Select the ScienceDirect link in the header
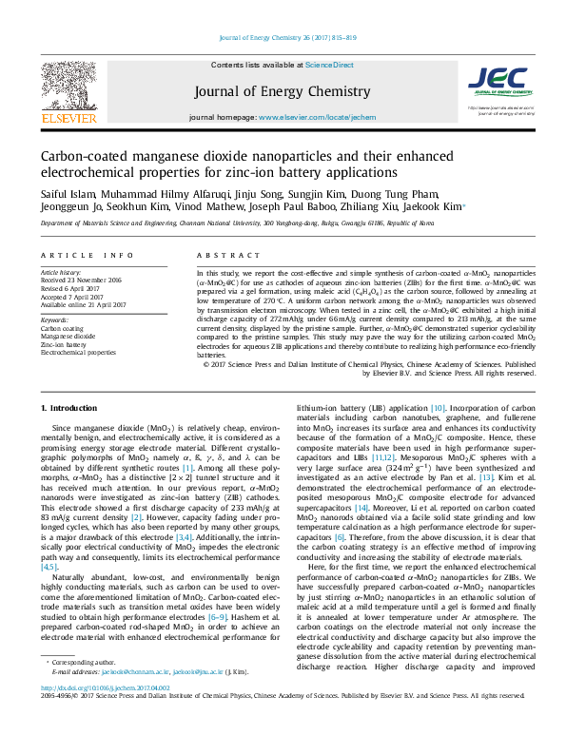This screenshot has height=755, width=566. click(x=329, y=64)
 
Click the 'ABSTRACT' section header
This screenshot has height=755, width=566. click(x=221, y=256)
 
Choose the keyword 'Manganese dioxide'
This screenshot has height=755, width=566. click(x=68, y=337)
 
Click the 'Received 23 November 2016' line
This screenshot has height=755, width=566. click(x=82, y=281)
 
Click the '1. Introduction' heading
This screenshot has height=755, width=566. click(x=72, y=408)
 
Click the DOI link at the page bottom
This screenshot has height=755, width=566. click(x=105, y=715)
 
